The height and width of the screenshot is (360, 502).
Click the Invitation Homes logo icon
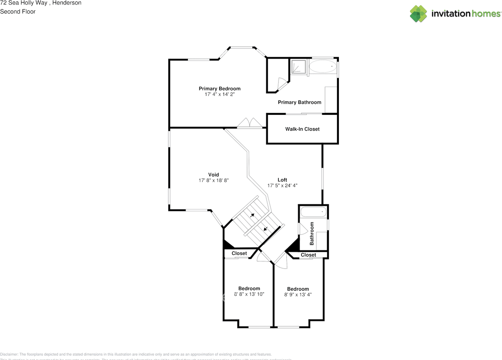(x=418, y=14)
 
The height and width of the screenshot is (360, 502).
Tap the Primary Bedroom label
(x=219, y=89)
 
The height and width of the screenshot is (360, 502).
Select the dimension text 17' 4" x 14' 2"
(x=219, y=95)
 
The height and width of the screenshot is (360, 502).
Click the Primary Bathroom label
(x=299, y=102)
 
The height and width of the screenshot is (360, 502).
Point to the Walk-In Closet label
(x=302, y=129)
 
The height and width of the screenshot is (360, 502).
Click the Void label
(x=213, y=175)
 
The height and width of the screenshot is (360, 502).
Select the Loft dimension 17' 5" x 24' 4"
(x=282, y=186)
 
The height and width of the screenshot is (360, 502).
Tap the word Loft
(x=282, y=180)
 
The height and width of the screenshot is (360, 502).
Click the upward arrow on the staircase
(x=252, y=215)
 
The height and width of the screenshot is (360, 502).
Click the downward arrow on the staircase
(x=266, y=229)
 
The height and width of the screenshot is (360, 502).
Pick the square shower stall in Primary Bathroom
(x=298, y=67)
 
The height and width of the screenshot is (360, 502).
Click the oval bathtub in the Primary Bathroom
(x=323, y=67)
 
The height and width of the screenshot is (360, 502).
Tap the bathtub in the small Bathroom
(x=313, y=213)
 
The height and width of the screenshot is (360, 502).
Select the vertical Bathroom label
(x=312, y=233)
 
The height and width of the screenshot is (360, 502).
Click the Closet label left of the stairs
(x=239, y=253)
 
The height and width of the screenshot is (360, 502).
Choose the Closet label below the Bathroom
(x=308, y=255)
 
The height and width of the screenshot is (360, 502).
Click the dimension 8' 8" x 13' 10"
(x=249, y=294)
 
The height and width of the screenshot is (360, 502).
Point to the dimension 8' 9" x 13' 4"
(x=298, y=295)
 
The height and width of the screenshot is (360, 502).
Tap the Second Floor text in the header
(x=18, y=11)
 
